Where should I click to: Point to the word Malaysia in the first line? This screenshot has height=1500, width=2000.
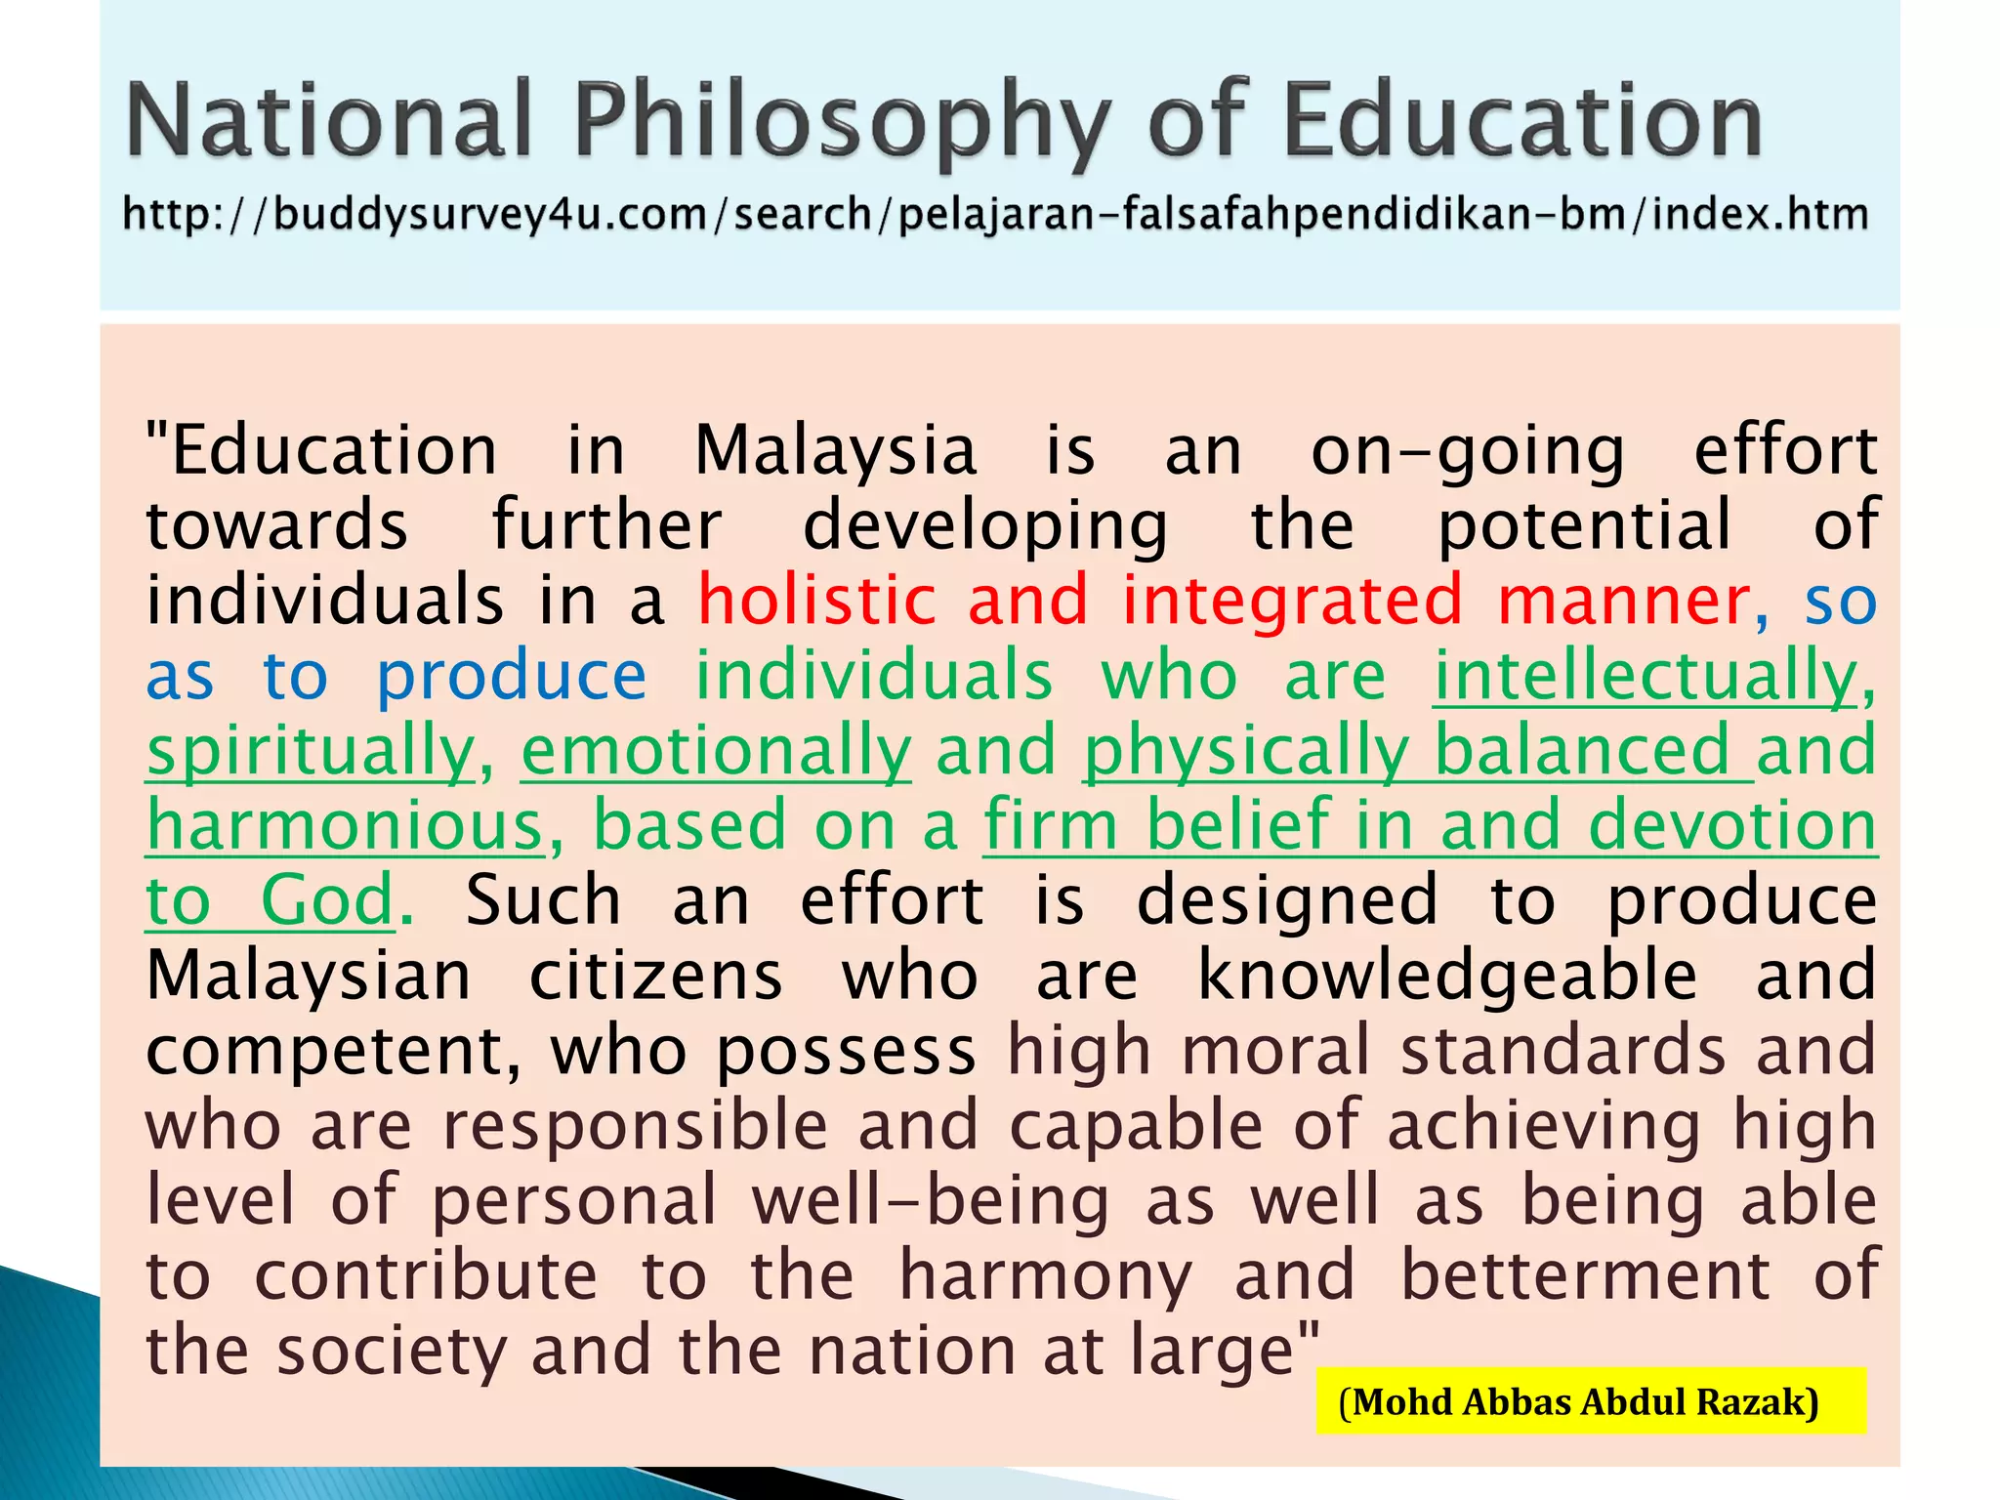pos(835,451)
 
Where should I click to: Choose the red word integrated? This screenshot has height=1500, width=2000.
pos(1292,601)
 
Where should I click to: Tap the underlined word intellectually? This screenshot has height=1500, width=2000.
pos(1646,676)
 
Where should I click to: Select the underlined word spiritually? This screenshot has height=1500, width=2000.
pos(311,751)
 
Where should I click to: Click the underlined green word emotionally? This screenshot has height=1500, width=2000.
pos(716,751)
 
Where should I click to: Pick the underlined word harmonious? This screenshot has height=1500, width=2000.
pos(345,826)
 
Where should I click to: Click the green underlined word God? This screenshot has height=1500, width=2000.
pos(327,900)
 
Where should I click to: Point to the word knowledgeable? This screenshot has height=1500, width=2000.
pos(1447,976)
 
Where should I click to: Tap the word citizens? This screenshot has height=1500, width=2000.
pos(655,976)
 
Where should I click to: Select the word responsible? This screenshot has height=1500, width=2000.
pos(636,1126)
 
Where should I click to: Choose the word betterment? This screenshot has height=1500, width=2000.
pos(1585,1275)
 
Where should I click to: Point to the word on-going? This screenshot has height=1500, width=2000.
pos(1468,451)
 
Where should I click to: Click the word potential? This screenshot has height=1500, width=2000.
pos(1585,525)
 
